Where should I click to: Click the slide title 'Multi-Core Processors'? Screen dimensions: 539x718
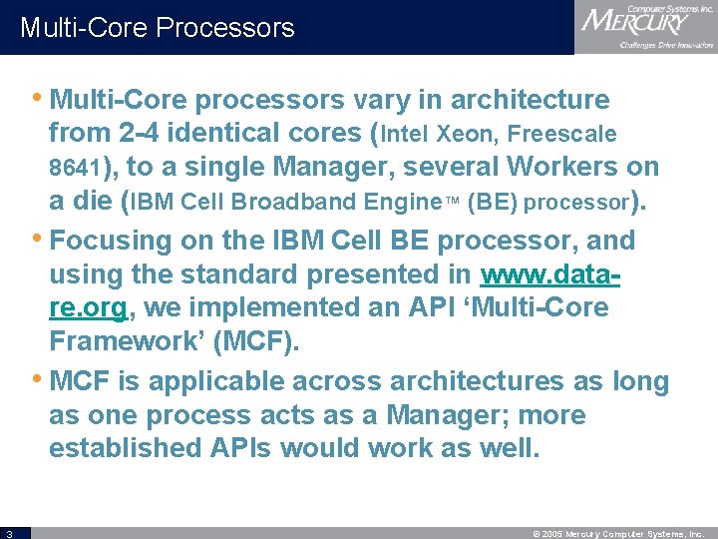(158, 27)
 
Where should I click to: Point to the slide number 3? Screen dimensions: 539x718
(7, 533)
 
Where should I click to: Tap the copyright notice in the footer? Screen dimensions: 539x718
(619, 533)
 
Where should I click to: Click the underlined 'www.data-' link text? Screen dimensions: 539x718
(549, 274)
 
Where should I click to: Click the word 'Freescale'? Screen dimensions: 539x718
(564, 134)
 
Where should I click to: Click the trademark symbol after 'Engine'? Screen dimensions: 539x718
(450, 201)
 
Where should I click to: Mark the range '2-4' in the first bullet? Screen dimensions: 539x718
(136, 133)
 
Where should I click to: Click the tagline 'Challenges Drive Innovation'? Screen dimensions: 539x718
(666, 45)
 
